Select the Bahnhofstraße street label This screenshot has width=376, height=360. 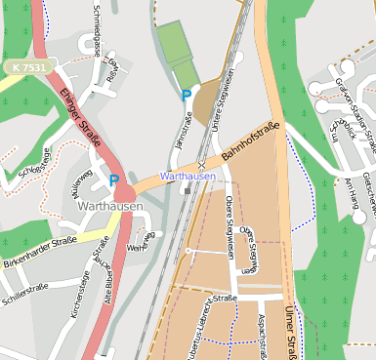click(250, 142)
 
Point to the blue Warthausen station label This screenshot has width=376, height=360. click(187, 176)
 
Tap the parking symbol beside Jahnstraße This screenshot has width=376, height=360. click(187, 95)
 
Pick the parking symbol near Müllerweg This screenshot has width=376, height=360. click(114, 180)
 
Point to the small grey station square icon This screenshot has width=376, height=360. click(187, 191)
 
